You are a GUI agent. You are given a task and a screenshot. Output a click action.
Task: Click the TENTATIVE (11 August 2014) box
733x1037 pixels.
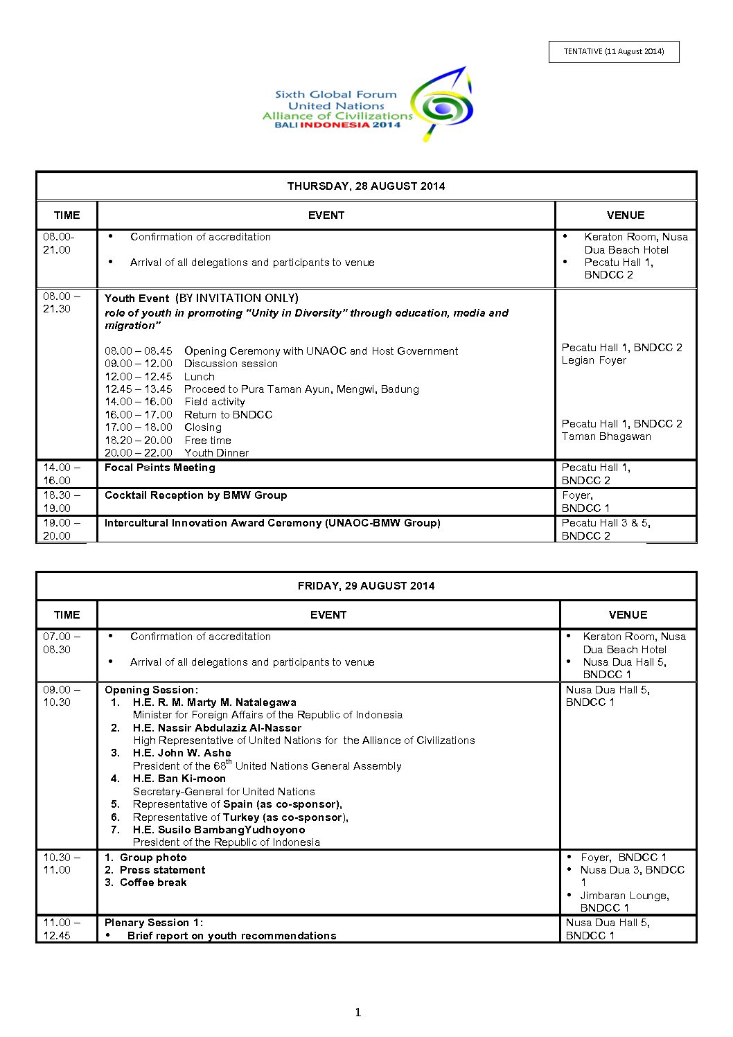(614, 52)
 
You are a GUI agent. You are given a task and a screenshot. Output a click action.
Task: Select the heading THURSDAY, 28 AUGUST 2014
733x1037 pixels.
(366, 186)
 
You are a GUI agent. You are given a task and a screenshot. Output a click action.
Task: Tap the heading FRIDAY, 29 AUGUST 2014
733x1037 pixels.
(366, 586)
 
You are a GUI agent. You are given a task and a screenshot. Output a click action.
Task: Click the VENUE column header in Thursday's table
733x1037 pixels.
(625, 215)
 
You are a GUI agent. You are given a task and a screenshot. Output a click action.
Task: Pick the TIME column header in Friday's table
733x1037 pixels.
(67, 615)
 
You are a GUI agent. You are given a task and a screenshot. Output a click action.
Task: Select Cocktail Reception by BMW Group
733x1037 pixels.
(195, 495)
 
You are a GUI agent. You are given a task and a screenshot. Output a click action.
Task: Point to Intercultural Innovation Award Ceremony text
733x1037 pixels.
(272, 523)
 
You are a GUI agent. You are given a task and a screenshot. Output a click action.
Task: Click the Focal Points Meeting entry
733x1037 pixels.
(160, 468)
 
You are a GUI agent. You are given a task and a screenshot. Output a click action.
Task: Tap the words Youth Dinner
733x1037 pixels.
(216, 453)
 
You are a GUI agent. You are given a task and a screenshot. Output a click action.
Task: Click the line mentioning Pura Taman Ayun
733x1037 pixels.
(301, 389)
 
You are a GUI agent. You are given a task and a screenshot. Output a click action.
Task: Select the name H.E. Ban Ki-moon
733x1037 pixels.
(179, 779)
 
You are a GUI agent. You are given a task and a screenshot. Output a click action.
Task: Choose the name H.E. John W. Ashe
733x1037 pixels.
(182, 753)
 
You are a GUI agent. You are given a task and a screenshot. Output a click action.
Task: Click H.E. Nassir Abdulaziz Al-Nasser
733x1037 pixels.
(217, 728)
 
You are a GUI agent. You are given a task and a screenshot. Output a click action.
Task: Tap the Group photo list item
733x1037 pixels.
(152, 858)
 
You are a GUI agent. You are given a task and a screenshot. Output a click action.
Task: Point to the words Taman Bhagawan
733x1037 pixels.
(606, 436)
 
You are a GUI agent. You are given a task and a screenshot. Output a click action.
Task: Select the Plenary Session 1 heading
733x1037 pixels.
(154, 923)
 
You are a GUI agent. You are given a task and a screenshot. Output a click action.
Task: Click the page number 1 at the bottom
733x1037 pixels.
(358, 1013)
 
